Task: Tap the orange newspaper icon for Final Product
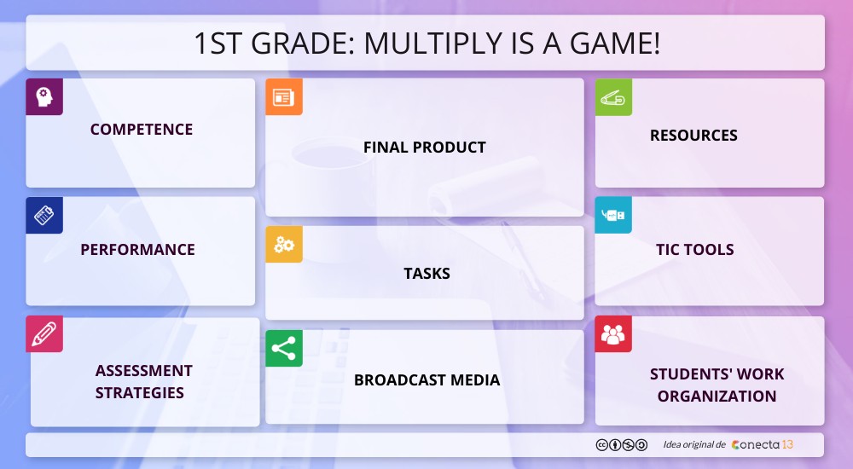coord(284,97)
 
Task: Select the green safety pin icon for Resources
coord(613,97)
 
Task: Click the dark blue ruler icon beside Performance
coord(44,216)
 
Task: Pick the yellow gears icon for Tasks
coord(284,245)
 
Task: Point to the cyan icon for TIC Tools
coord(613,216)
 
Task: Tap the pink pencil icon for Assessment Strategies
coord(44,334)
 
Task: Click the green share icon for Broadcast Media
coord(284,349)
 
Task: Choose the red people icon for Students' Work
coord(613,334)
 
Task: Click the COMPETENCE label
coord(142,130)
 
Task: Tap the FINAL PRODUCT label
coord(425,148)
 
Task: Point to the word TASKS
coord(426,274)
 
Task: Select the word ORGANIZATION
coord(717,397)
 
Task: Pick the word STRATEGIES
coord(140,393)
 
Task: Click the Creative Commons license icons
coord(621,445)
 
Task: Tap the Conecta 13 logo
coord(763,445)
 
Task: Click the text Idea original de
coord(694,445)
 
